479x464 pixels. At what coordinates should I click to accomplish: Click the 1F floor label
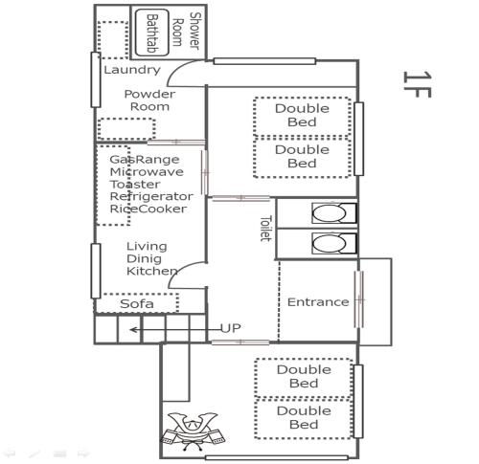click(x=418, y=84)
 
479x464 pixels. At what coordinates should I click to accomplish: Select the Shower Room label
click(x=186, y=32)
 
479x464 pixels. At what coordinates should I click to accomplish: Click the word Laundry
click(x=132, y=70)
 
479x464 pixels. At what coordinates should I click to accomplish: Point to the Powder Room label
click(x=149, y=100)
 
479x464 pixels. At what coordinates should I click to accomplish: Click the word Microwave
click(x=147, y=172)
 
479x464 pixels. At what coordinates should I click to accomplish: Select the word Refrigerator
click(x=151, y=196)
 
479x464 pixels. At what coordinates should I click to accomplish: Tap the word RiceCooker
click(x=148, y=209)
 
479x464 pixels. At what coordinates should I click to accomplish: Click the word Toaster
click(x=135, y=185)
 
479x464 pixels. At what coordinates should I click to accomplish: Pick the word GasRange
click(x=145, y=160)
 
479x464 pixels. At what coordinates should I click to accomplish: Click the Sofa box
click(x=137, y=303)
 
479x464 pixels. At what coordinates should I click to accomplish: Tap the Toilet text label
click(x=265, y=229)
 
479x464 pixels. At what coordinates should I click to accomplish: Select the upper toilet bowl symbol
click(x=333, y=213)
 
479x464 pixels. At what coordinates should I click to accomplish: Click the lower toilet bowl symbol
click(x=333, y=243)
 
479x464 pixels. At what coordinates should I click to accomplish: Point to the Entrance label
click(x=318, y=302)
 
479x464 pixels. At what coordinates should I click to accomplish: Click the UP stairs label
click(x=230, y=328)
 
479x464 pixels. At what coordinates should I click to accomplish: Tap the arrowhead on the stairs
click(x=133, y=330)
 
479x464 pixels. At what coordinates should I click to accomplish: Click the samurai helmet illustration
click(x=193, y=431)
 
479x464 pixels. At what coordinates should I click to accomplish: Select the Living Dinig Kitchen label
click(x=152, y=258)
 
